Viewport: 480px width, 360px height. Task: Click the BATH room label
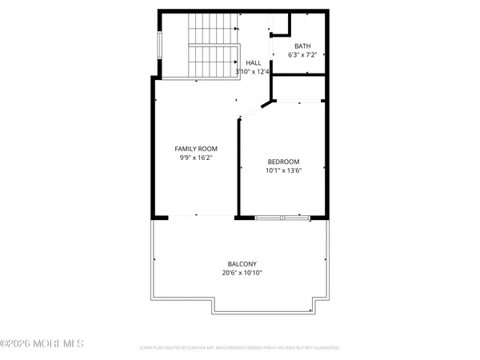tap(302, 46)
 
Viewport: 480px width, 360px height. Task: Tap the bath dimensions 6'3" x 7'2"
tap(302, 55)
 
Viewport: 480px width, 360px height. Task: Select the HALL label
tap(253, 62)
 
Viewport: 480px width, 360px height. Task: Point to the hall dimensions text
tap(252, 71)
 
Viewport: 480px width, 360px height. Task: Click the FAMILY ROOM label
tap(196, 149)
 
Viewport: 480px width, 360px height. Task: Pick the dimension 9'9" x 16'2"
tap(196, 158)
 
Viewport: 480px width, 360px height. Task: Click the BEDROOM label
tap(283, 162)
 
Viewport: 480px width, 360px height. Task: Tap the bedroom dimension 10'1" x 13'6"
tap(283, 170)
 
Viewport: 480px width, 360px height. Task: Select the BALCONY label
tap(242, 264)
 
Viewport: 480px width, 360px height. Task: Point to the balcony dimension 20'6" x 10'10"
tap(242, 273)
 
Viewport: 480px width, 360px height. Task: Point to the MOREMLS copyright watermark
tap(42, 344)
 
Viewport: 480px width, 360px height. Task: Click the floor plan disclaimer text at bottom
tap(239, 348)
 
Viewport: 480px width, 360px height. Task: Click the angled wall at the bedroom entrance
tap(254, 110)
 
